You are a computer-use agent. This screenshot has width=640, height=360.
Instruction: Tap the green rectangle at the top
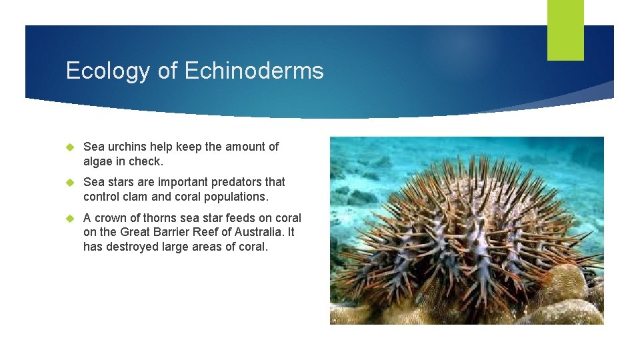click(565, 30)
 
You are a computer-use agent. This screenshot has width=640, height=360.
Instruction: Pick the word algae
click(99, 161)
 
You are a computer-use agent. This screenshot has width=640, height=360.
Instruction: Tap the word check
click(145, 161)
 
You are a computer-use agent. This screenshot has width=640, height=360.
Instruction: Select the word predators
click(237, 182)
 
